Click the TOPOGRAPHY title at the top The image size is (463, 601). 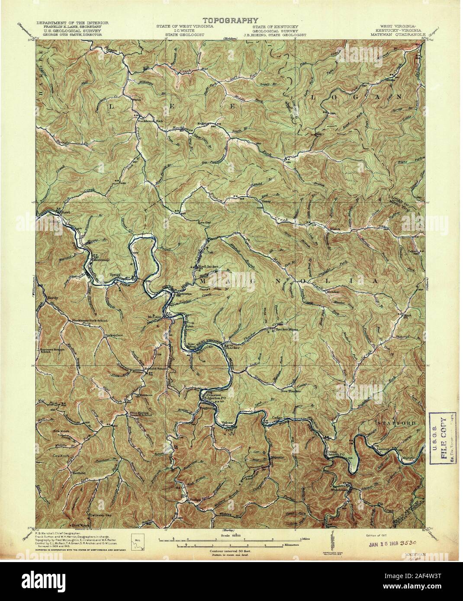pyautogui.click(x=231, y=20)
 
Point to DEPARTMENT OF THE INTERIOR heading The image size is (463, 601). pyautogui.click(x=73, y=22)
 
